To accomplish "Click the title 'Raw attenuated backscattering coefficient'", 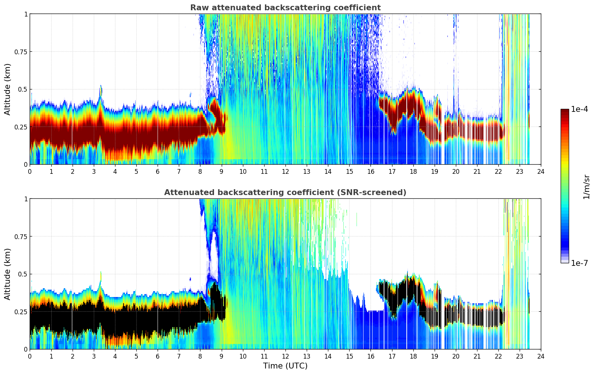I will click(285, 8).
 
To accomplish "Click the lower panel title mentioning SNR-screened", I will click(285, 192).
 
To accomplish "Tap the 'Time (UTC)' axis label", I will click(285, 366).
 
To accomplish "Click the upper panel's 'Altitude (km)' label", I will click(8, 89).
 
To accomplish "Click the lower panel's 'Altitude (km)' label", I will click(8, 274).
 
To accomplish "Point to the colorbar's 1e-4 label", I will click(579, 109).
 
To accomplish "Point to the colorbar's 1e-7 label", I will click(579, 263).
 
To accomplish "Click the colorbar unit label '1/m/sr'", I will click(586, 187).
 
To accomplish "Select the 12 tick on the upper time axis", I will click(285, 171).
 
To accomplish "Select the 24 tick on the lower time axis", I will click(541, 356).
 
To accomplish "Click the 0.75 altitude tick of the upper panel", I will click(21, 52).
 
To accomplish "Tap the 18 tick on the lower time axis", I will click(413, 356).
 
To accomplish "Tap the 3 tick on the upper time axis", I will click(94, 171).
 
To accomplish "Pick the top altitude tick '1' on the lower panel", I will click(26, 199).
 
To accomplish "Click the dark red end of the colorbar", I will click(565, 111).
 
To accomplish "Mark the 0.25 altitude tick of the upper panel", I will click(21, 127).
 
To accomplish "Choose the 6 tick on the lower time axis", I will click(158, 356).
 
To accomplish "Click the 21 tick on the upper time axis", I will click(477, 171).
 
